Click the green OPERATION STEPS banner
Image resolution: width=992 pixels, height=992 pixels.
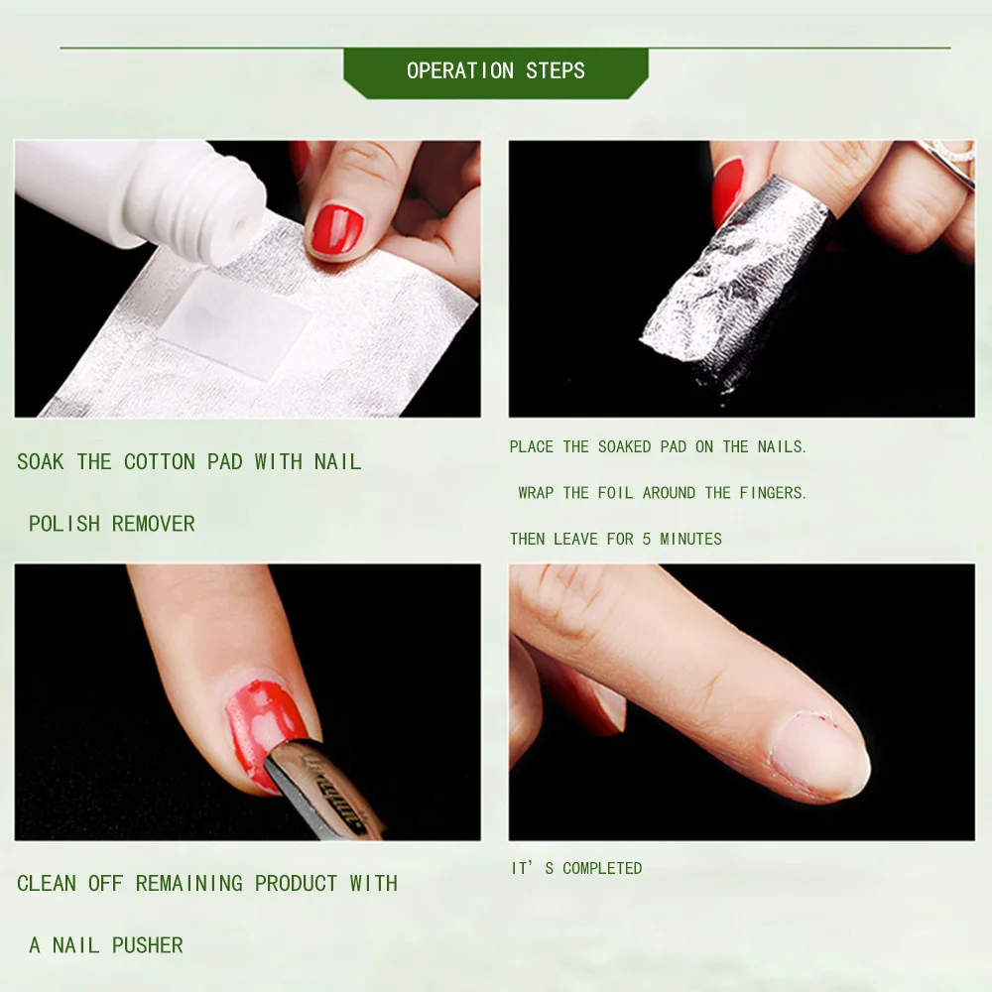[x=495, y=71]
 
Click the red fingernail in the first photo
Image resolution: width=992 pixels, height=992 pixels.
[x=336, y=230]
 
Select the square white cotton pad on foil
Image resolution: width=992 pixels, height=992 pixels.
[x=234, y=322]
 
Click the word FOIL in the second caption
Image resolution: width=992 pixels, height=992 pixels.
[x=615, y=493]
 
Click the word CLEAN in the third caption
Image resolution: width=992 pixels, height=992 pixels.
[x=46, y=883]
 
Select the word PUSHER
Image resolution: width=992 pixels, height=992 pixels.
[x=147, y=945]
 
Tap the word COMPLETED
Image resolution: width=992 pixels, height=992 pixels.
[x=602, y=868]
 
